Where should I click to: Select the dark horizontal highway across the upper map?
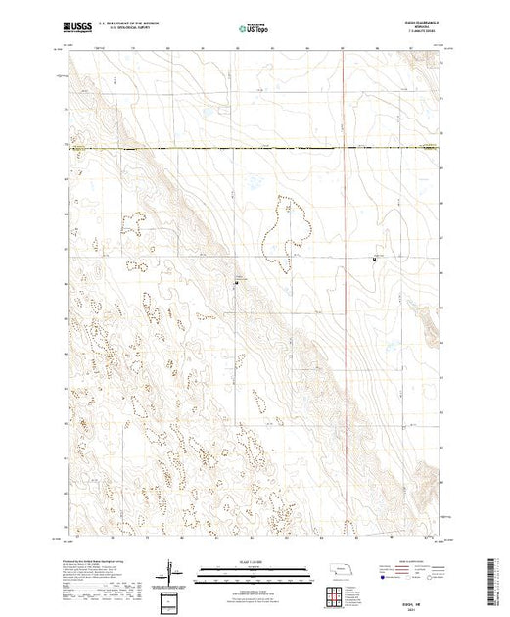click(255, 149)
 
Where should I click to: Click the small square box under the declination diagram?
click(172, 599)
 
